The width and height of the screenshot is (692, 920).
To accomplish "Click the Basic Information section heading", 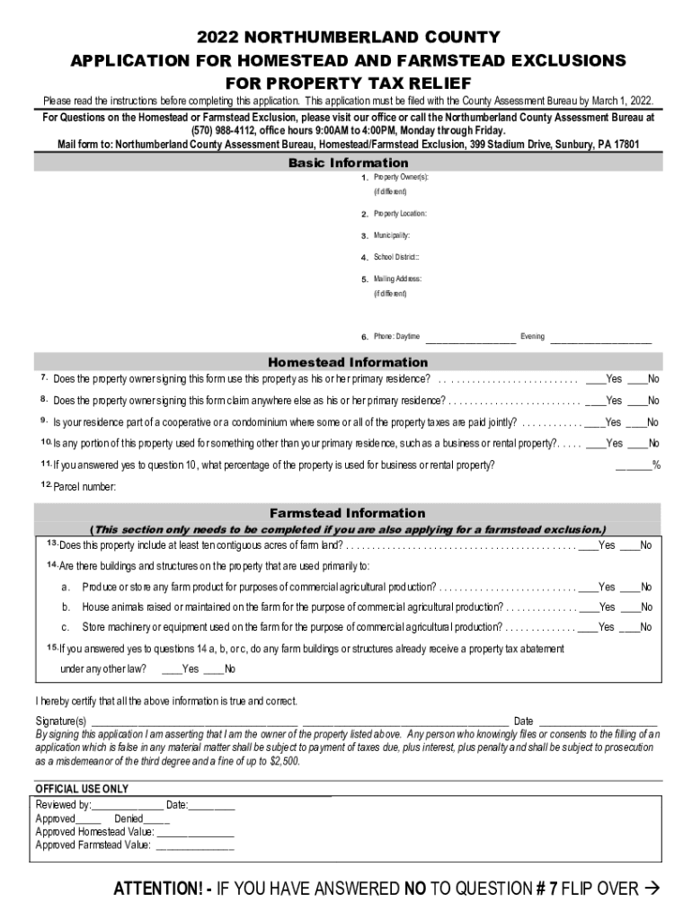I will click(348, 163).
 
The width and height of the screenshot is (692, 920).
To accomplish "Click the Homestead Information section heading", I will click(348, 362).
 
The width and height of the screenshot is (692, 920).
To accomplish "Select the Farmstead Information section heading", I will click(348, 513).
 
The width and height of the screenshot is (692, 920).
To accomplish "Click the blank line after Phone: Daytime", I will click(470, 340).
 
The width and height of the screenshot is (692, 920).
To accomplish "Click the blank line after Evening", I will click(600, 340).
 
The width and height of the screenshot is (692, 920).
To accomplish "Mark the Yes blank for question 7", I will click(594, 381).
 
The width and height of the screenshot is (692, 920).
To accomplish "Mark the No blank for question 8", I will click(637, 402).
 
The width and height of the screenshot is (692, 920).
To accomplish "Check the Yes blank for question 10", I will click(594, 445).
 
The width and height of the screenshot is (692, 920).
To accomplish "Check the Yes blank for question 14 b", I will click(589, 608).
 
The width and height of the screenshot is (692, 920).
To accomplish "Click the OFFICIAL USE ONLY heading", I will click(82, 789).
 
